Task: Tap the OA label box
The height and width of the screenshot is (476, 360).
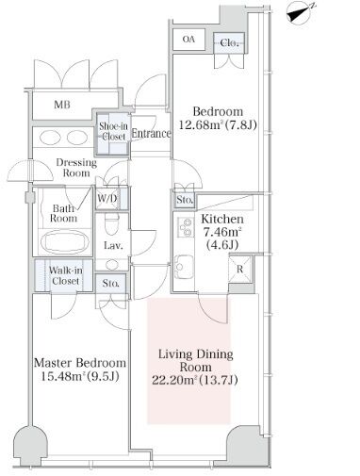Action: pyautogui.click(x=189, y=40)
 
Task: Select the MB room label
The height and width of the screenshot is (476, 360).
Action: pyautogui.click(x=62, y=105)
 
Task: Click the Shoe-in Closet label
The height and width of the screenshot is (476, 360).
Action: pyautogui.click(x=113, y=131)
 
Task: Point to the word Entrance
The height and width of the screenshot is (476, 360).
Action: pyautogui.click(x=151, y=134)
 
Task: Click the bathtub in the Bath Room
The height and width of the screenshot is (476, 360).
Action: pyautogui.click(x=65, y=242)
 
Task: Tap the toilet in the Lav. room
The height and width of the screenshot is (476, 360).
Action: pyautogui.click(x=111, y=223)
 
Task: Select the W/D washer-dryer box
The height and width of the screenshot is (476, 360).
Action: pyautogui.click(x=107, y=199)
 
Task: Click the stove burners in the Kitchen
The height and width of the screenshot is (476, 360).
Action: pyautogui.click(x=185, y=227)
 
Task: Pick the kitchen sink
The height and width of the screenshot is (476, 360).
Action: pyautogui.click(x=184, y=267)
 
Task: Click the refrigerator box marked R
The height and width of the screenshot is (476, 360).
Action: pyautogui.click(x=240, y=270)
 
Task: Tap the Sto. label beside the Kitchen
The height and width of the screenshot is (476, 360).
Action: pyautogui.click(x=185, y=200)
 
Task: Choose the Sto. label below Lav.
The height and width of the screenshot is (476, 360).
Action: pyautogui.click(x=110, y=284)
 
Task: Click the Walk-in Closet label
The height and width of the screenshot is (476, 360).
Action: pyautogui.click(x=66, y=275)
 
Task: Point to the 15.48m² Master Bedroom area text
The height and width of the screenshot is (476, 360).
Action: pyautogui.click(x=80, y=376)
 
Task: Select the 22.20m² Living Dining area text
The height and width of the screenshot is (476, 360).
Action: pyautogui.click(x=195, y=381)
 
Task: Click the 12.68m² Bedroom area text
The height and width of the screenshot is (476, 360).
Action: pyautogui.click(x=218, y=125)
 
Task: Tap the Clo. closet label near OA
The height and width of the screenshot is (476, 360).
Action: pyautogui.click(x=229, y=42)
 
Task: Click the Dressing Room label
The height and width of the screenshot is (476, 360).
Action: pyautogui.click(x=76, y=168)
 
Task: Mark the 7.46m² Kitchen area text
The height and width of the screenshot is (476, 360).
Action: pyautogui.click(x=222, y=233)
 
